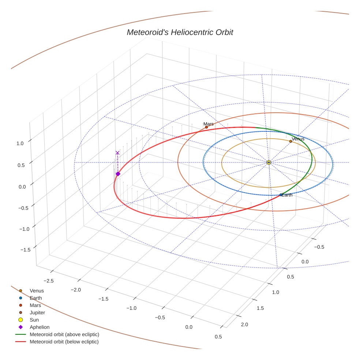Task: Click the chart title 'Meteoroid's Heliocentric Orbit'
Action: click(180, 33)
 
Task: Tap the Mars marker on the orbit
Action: click(206, 127)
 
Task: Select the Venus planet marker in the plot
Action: click(290, 141)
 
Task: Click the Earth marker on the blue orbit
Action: click(281, 195)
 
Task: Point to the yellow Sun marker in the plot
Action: click(269, 162)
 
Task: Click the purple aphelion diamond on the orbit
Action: click(118, 174)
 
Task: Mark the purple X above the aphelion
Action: click(117, 153)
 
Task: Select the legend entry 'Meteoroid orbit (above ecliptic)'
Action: click(64, 334)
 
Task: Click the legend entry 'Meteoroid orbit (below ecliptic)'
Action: click(64, 342)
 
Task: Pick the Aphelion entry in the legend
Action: click(39, 327)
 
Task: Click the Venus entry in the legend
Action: click(37, 291)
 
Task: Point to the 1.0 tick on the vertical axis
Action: click(20, 143)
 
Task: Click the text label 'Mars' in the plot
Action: click(209, 124)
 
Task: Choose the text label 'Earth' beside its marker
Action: click(287, 195)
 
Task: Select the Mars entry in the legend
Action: click(35, 305)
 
